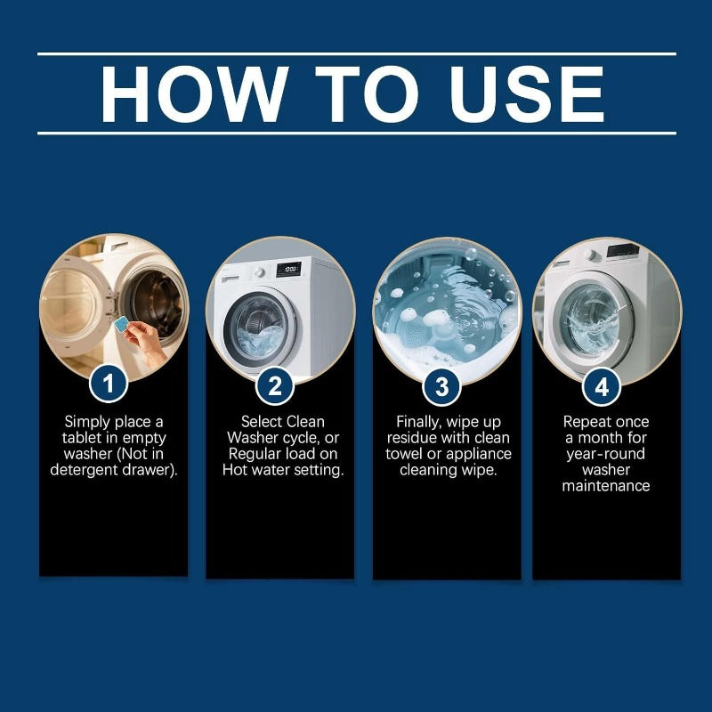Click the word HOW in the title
194,93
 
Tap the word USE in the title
526,93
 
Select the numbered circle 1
109,384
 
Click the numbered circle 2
275,386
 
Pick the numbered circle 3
441,387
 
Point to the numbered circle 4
602,387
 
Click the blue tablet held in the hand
121,324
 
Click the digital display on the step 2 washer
288,270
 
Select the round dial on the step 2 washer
259,272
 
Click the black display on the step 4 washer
624,250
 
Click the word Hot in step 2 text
234,470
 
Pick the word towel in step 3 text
403,454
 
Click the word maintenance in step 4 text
606,486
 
